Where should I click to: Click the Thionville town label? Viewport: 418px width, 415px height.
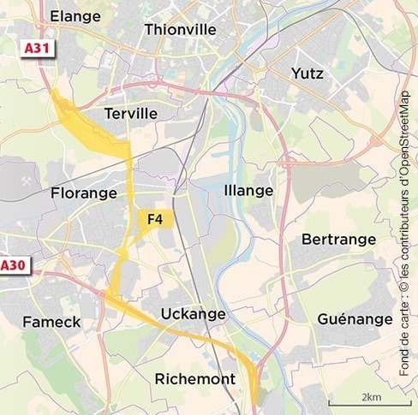coord(180,30)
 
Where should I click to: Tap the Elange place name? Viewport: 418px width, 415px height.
coord(75,16)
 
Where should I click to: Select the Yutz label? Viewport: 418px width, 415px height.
coord(308,74)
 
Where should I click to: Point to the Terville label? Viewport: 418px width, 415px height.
coord(130,114)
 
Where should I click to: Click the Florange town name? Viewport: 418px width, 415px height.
coord(83,193)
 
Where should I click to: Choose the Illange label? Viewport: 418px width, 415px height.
coord(248,190)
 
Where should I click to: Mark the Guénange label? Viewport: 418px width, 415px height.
coord(354,319)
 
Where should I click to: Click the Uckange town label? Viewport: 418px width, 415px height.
coord(193,314)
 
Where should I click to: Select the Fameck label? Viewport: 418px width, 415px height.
coord(51,323)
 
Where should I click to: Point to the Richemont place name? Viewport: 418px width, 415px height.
coord(194,378)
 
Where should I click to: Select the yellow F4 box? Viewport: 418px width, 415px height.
coord(155,220)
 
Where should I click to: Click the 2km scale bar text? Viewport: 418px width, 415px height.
coord(370,397)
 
